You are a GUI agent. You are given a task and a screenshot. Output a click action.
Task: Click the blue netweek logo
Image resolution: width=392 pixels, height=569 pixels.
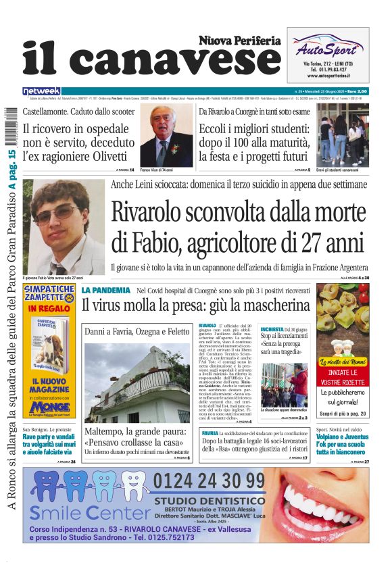pos(41,91)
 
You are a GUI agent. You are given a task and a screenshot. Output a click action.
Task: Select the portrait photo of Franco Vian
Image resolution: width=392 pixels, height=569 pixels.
pos(166,136)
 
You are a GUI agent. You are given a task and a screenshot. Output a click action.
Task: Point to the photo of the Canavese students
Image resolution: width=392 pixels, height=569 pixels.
pos(343,134)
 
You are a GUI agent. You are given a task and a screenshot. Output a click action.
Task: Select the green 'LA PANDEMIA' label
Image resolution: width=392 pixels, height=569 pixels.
pos(106,290)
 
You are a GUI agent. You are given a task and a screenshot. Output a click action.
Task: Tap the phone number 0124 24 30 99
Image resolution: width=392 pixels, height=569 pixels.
pos(209,481)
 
